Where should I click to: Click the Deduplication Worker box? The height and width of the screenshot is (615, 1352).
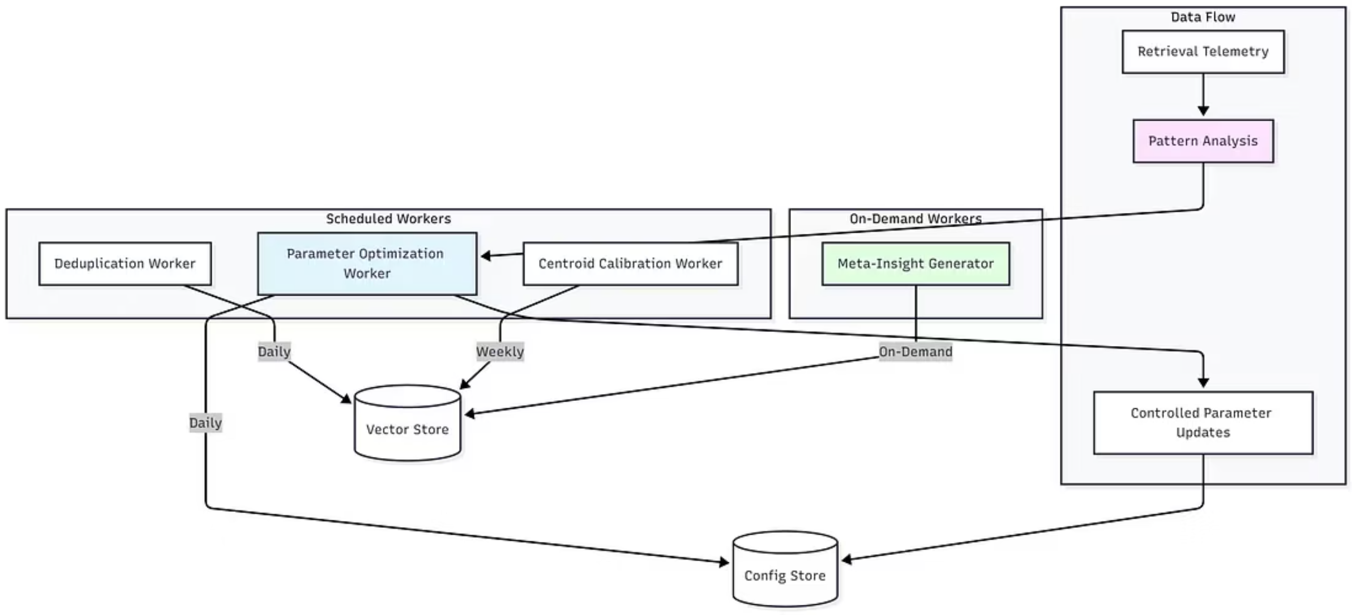(125, 264)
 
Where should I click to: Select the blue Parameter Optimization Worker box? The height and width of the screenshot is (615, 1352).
(367, 264)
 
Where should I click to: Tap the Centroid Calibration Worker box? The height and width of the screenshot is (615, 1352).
(630, 264)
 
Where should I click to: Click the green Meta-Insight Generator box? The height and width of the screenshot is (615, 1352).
(915, 264)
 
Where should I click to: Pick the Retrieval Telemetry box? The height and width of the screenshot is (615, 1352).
(1203, 52)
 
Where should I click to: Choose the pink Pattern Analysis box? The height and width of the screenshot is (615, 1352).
(1203, 141)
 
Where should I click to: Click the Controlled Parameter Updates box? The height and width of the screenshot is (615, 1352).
(1203, 422)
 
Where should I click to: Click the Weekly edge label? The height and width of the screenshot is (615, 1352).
(500, 352)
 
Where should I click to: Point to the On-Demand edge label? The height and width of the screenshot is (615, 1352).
(915, 352)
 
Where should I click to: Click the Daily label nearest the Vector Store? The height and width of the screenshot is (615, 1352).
(274, 352)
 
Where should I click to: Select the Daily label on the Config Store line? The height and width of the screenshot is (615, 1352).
(206, 423)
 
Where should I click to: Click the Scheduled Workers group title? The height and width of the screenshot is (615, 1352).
(388, 219)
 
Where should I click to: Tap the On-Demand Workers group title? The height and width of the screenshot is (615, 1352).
(915, 219)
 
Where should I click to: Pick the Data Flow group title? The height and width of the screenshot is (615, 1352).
(1203, 17)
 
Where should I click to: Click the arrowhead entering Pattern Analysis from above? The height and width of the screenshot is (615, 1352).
(1203, 111)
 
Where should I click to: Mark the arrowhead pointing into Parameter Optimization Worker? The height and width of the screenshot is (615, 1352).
(486, 257)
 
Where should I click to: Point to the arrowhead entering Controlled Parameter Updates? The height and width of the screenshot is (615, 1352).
(1203, 383)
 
